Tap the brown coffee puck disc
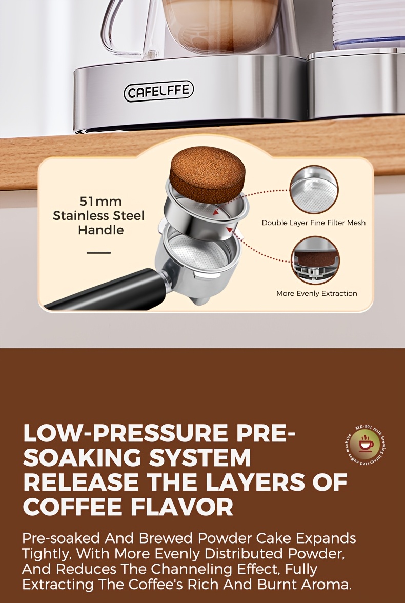click(x=204, y=174)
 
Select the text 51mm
click(x=100, y=201)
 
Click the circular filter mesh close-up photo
click(x=314, y=190)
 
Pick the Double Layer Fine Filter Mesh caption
click(x=314, y=223)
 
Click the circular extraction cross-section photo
click(x=314, y=260)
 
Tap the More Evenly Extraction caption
click(x=316, y=293)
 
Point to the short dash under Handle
click(x=99, y=253)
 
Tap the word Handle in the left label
click(x=100, y=230)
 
